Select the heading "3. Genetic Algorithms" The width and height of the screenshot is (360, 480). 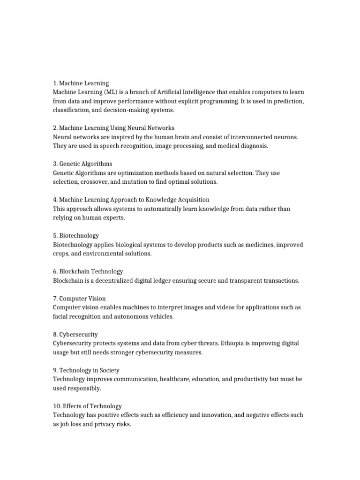82,164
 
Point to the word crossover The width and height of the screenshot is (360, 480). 93,181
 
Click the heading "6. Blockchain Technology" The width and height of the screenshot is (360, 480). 88,271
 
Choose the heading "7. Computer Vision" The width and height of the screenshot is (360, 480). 79,298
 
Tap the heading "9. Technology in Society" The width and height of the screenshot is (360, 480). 86,370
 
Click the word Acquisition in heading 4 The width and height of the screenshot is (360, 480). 193,200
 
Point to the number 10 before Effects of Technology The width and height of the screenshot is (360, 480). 56,406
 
